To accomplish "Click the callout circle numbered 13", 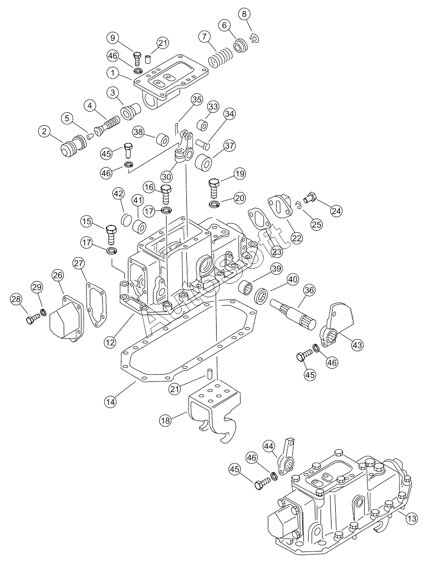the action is [412, 518].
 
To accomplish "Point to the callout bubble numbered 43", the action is [357, 345].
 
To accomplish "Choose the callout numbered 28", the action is [16, 299].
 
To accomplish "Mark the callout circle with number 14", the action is [111, 401].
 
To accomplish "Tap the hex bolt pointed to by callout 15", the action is [111, 235].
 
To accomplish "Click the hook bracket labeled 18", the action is [214, 410].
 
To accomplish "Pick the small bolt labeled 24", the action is [310, 197].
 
